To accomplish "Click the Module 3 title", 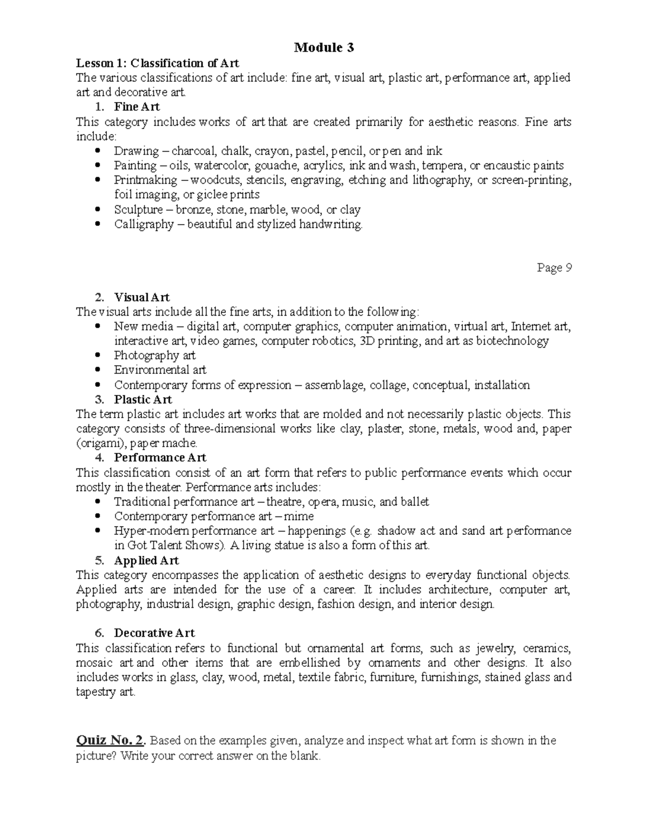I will tap(324, 48).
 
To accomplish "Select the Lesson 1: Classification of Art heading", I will tap(157, 63).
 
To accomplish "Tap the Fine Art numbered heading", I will tap(137, 107).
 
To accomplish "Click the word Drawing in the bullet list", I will tap(136, 151).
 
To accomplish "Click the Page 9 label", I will tap(554, 268).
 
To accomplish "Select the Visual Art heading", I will tap(141, 297).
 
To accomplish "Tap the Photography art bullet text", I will tap(154, 355).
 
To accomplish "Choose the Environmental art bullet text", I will tap(160, 370).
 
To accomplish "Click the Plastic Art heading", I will tap(143, 400).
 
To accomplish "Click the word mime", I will tap(301, 516).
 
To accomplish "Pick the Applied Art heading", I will tap(146, 560).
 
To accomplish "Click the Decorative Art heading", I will tap(154, 633).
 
